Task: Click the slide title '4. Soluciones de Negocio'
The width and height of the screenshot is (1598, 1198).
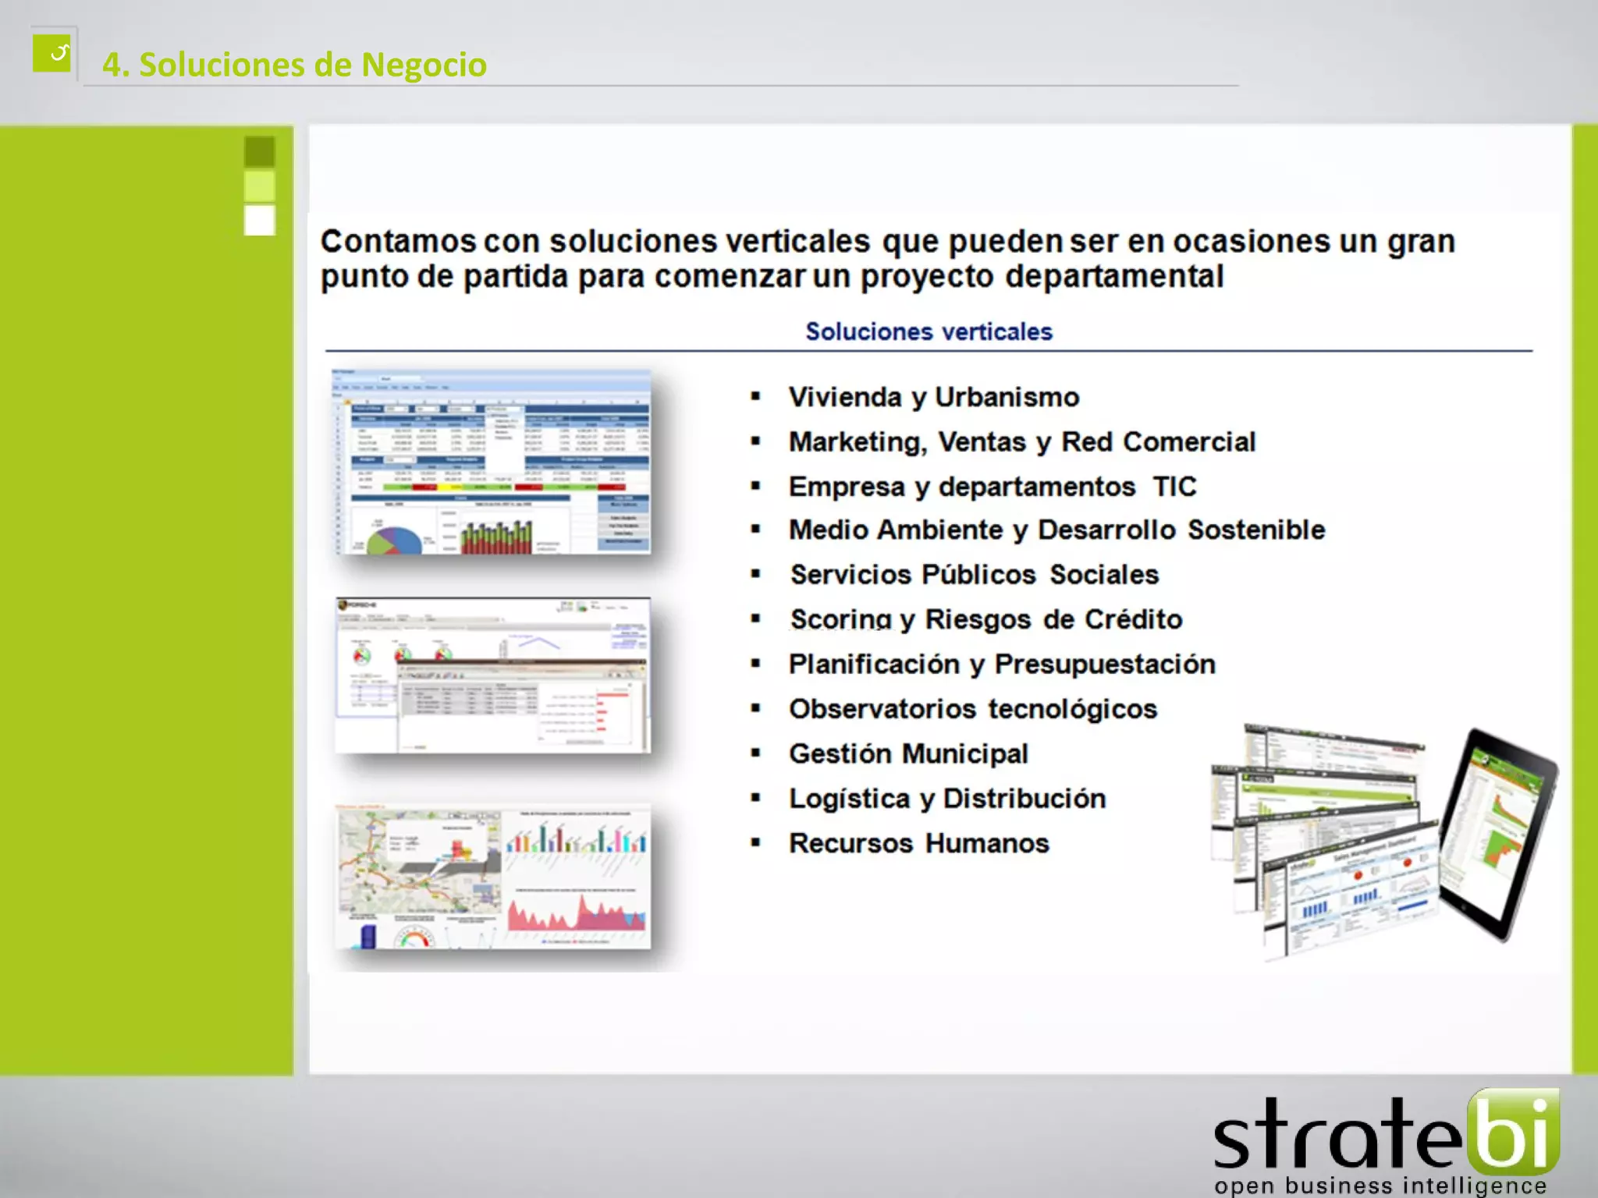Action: [x=294, y=65]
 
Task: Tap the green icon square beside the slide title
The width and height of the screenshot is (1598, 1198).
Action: [x=52, y=53]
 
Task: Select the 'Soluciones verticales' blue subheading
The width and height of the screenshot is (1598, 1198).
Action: [x=929, y=331]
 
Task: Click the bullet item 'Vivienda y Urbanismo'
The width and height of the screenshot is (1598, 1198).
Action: [x=933, y=397]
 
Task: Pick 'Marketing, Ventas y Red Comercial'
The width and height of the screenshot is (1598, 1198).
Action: [x=1021, y=442]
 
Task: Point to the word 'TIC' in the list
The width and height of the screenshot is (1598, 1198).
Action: [x=1174, y=487]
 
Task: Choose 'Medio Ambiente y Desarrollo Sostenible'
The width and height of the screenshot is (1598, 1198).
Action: [x=1056, y=530]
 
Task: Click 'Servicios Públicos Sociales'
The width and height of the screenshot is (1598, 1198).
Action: [x=974, y=575]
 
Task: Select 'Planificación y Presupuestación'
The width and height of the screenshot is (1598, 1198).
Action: [x=1002, y=665]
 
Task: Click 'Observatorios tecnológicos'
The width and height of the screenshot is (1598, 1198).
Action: [x=972, y=709]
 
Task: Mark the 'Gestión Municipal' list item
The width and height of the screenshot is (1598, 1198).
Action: [x=908, y=754]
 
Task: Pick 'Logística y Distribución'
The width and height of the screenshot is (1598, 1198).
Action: [x=947, y=799]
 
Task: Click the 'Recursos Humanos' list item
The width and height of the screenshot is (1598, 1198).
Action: [x=918, y=843]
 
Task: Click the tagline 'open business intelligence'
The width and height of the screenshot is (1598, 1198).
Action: [x=1380, y=1186]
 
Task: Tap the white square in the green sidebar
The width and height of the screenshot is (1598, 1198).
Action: [x=260, y=220]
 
